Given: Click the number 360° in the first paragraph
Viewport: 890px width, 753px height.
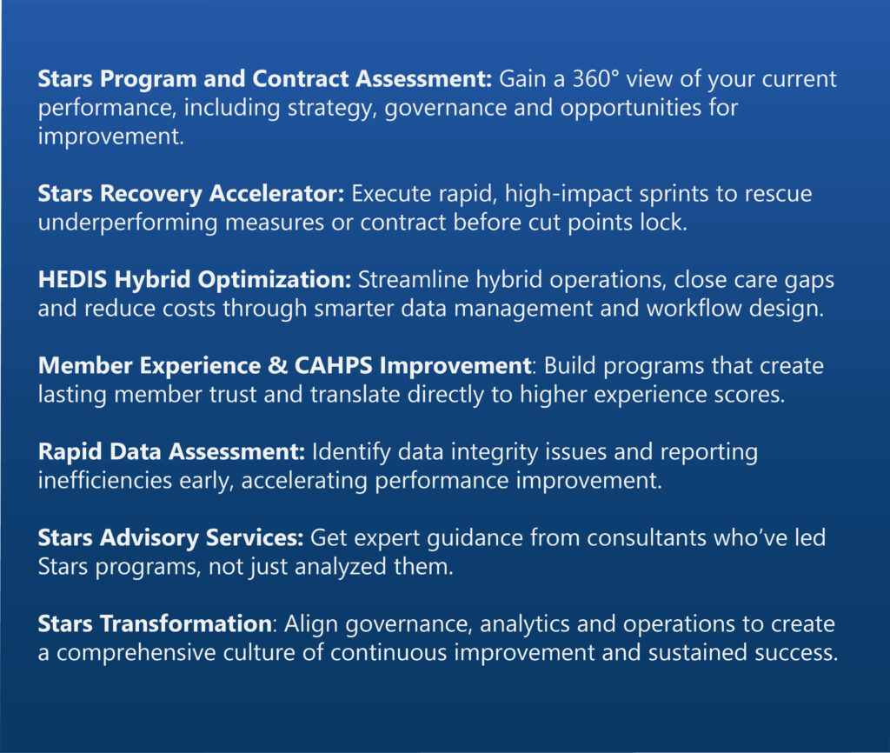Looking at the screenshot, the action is (x=594, y=79).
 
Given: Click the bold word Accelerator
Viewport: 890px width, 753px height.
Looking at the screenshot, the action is (x=276, y=194).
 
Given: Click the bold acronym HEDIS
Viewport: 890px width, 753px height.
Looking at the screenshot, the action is (x=73, y=280).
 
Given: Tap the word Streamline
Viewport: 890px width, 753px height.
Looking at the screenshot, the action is (x=413, y=280).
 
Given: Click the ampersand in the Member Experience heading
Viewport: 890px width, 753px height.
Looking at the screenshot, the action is (x=277, y=366).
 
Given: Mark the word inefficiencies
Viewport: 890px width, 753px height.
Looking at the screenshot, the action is (x=105, y=481).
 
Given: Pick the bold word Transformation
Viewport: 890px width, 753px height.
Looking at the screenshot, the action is (x=186, y=624).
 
